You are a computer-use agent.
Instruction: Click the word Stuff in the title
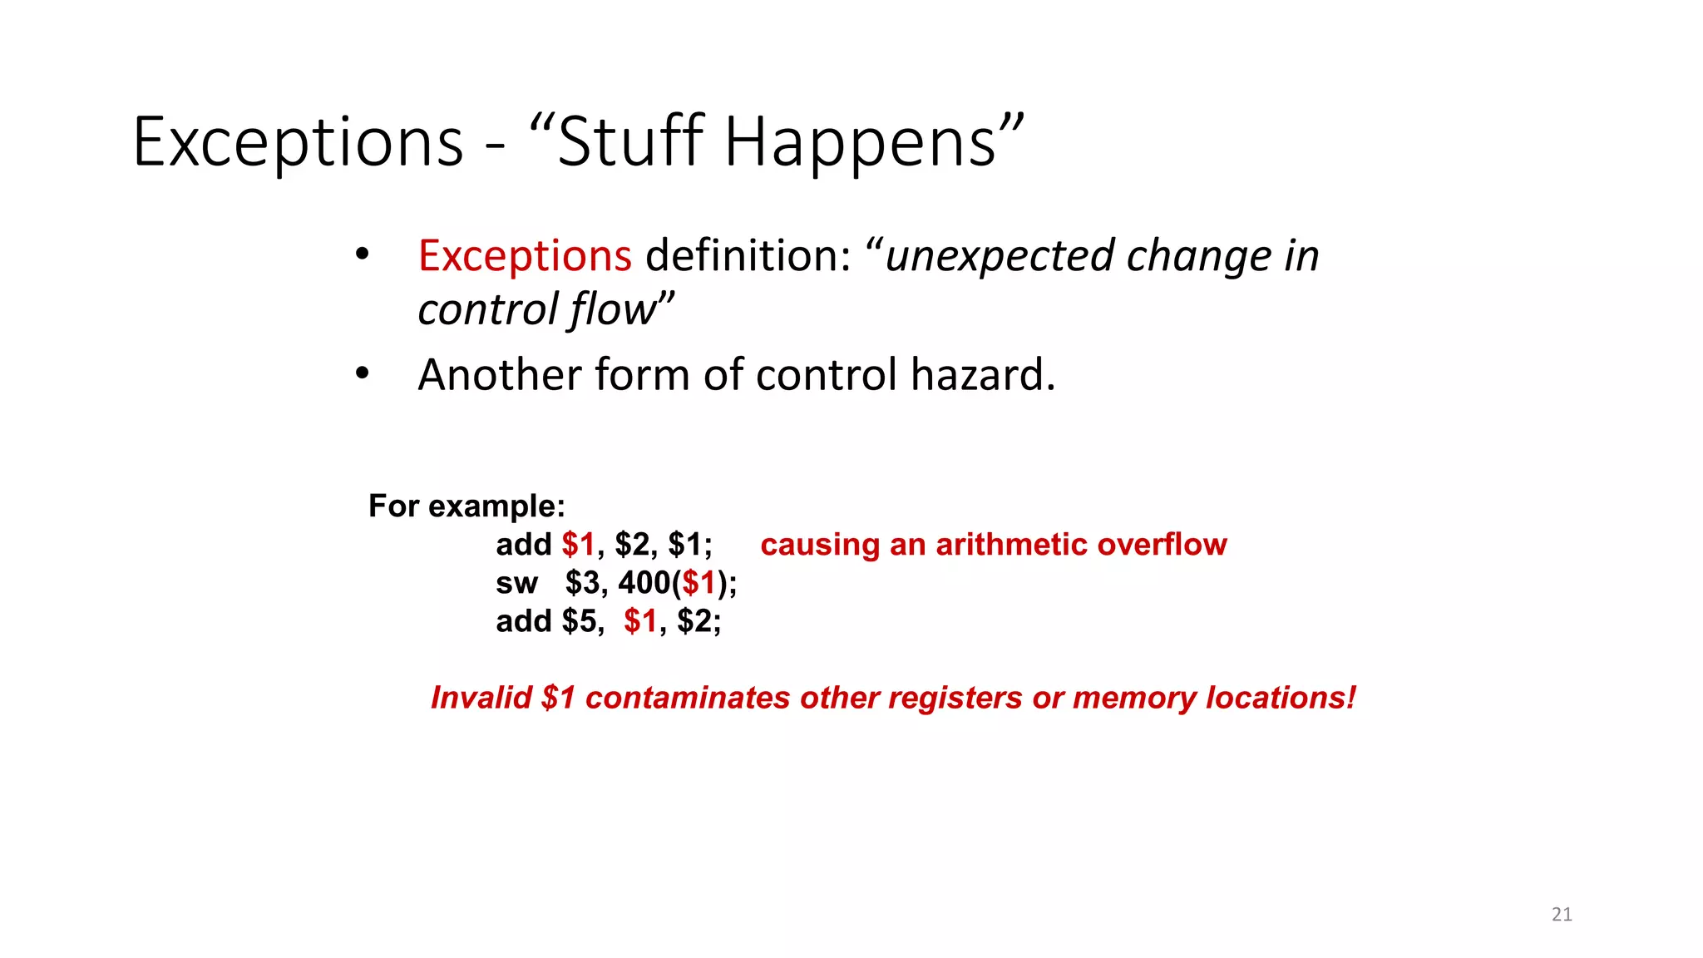[x=630, y=141]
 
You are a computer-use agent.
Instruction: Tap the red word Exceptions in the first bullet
[x=525, y=255]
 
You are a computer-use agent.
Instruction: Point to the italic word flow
[x=614, y=309]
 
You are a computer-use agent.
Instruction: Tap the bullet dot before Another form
[x=361, y=374]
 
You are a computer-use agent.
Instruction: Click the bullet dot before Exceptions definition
[x=361, y=254]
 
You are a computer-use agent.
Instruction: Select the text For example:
[x=466, y=506]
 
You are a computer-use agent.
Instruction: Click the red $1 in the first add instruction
[x=578, y=545]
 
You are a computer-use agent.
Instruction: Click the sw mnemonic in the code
[x=516, y=583]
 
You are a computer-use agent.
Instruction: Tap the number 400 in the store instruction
[x=644, y=583]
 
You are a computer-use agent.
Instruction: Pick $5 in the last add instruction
[x=580, y=621]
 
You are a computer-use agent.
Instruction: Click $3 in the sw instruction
[x=584, y=583]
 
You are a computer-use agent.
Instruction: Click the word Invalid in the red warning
[x=481, y=698]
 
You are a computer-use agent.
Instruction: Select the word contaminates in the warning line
[x=687, y=698]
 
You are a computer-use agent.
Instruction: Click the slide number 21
[x=1562, y=915]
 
